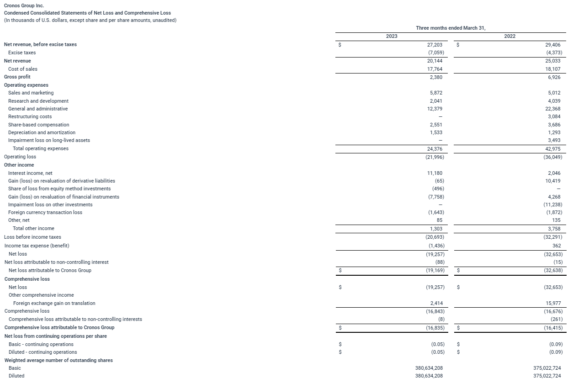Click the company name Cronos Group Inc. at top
point(24,5)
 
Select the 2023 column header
point(392,36)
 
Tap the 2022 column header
point(509,36)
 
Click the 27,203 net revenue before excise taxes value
point(433,45)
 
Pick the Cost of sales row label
point(23,69)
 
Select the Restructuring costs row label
point(30,116)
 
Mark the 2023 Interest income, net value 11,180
point(434,173)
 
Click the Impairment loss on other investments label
point(50,205)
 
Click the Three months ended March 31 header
point(451,28)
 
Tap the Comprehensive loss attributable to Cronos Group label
point(59,327)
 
